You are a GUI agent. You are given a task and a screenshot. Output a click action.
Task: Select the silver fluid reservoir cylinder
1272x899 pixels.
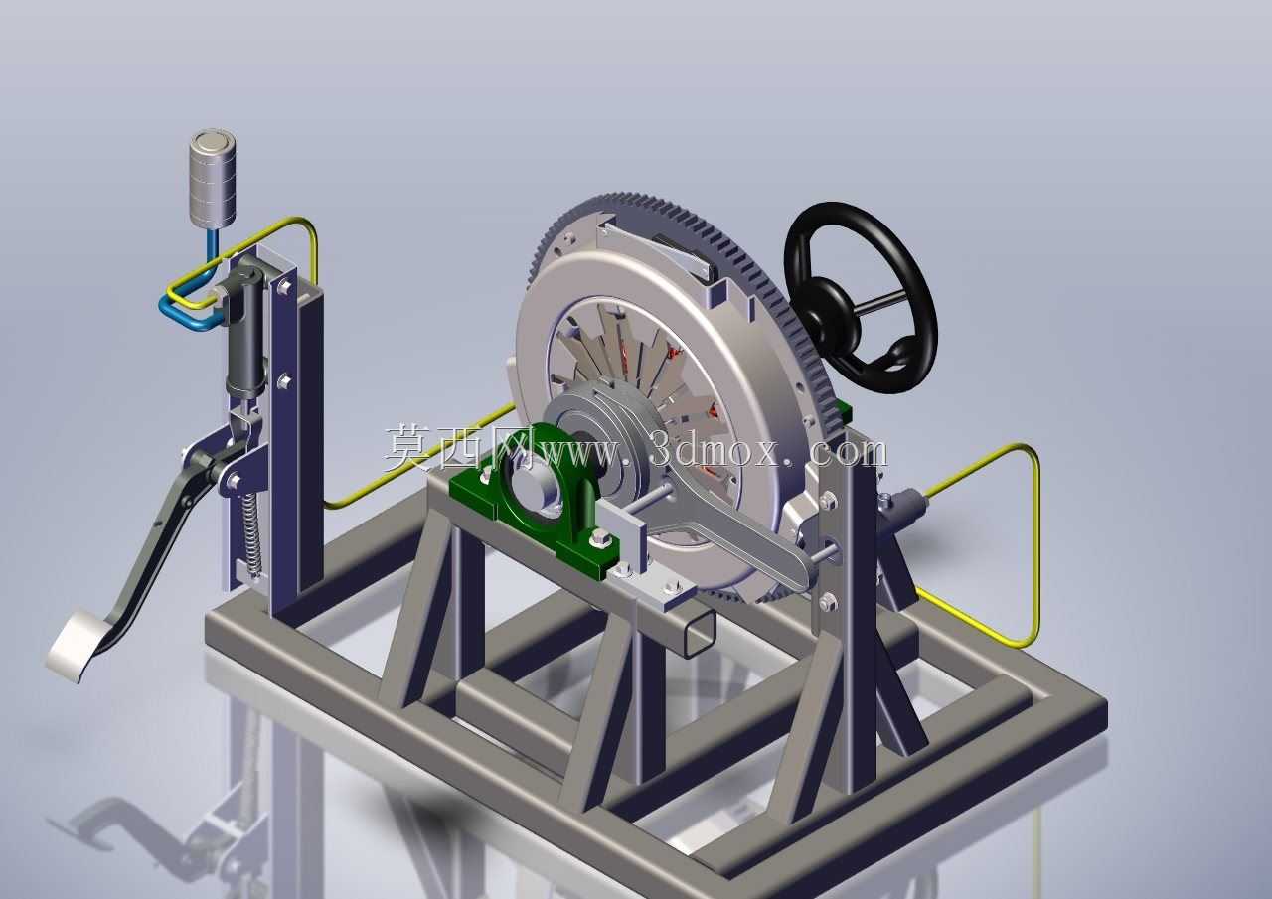tap(213, 181)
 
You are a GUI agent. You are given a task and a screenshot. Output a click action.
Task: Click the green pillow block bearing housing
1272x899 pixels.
tap(534, 511)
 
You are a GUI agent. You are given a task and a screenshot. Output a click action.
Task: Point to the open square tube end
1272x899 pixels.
tap(699, 634)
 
